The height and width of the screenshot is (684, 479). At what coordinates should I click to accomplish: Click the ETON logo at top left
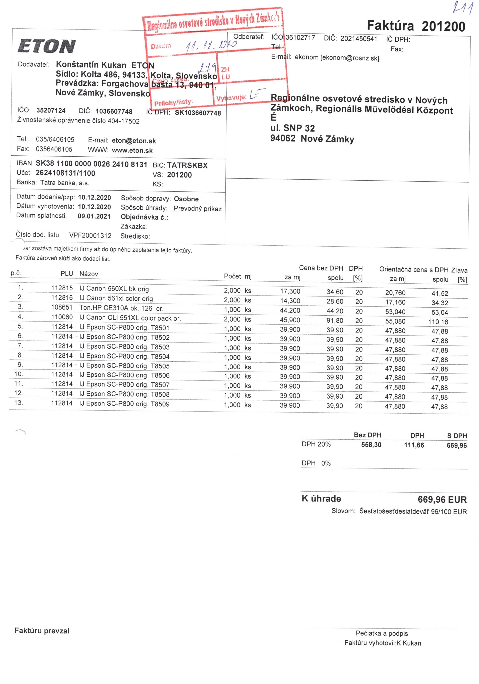pyautogui.click(x=47, y=47)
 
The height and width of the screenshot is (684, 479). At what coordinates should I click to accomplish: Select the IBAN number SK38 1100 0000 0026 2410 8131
pyautogui.click(x=91, y=164)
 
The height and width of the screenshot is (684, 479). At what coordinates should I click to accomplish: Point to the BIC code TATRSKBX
pyautogui.click(x=187, y=165)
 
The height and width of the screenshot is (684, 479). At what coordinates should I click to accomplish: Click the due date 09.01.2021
pyautogui.click(x=94, y=216)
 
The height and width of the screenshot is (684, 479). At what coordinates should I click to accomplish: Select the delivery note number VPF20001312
pyautogui.click(x=90, y=235)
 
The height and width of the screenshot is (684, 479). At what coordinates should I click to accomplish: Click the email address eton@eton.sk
pyautogui.click(x=134, y=141)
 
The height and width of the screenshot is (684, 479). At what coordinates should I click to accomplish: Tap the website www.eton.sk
pyautogui.click(x=132, y=150)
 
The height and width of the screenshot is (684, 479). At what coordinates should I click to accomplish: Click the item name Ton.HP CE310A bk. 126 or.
pyautogui.click(x=121, y=308)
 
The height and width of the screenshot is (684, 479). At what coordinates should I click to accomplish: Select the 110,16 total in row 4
pyautogui.click(x=440, y=322)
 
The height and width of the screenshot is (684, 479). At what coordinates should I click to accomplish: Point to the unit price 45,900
pyautogui.click(x=290, y=320)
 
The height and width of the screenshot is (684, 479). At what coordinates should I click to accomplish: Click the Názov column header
pyautogui.click(x=89, y=274)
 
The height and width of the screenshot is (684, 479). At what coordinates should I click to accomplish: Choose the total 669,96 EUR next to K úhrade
pyautogui.click(x=442, y=499)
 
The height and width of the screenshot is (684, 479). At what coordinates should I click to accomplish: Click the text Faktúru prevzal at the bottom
pyautogui.click(x=42, y=631)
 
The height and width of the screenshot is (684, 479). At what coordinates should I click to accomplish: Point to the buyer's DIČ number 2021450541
pyautogui.click(x=359, y=39)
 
